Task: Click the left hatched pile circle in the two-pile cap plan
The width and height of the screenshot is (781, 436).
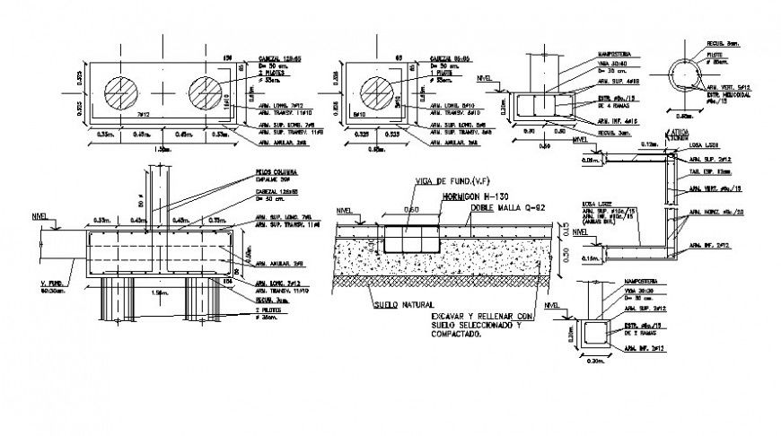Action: click(122, 94)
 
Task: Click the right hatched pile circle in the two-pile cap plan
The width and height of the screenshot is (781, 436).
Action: click(206, 94)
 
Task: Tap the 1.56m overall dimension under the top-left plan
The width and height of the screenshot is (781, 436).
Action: click(162, 149)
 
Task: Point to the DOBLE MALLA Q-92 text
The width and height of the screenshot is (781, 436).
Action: click(503, 206)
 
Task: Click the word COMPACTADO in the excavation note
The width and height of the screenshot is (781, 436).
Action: click(455, 337)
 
